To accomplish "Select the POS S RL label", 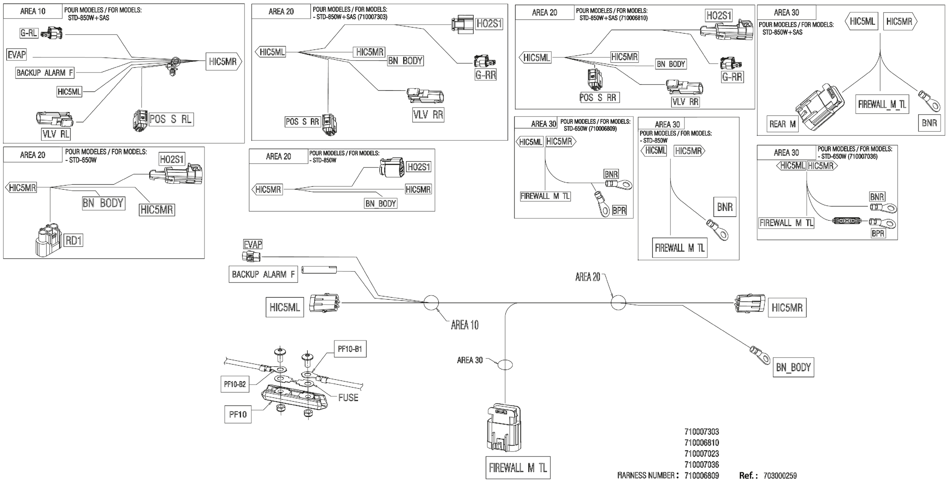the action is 171,119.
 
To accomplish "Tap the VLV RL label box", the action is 56,134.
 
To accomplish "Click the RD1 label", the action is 74,240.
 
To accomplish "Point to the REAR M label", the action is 782,124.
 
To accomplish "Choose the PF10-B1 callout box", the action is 350,349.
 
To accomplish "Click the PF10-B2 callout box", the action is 235,384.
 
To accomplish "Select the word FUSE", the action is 348,397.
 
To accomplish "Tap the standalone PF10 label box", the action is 238,415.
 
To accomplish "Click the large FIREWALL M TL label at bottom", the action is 518,468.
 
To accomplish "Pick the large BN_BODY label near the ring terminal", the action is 793,367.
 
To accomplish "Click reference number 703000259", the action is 780,476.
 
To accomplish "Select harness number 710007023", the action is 702,453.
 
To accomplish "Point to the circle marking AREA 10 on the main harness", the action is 431,303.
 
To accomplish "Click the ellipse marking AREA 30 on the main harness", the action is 505,365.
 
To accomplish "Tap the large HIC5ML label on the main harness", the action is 285,307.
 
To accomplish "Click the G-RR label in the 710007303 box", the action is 485,75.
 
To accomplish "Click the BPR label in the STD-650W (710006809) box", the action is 619,210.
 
